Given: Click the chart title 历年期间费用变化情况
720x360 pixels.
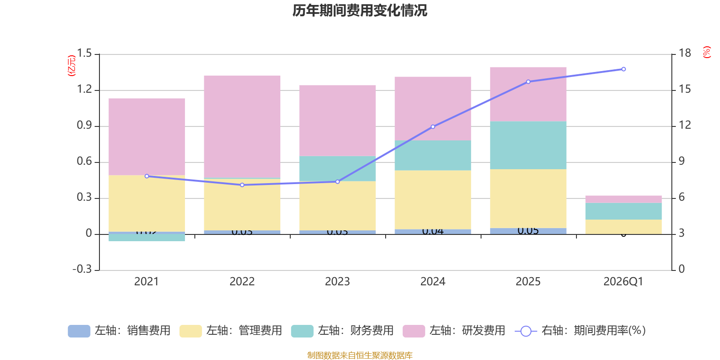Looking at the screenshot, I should (x=360, y=10).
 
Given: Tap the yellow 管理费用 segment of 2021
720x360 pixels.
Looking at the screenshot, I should (x=147, y=203).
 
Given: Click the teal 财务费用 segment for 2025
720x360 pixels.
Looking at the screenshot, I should (x=528, y=145).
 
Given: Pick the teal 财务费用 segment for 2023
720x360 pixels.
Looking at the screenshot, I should (x=337, y=168).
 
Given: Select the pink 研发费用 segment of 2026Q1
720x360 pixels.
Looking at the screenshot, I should (x=623, y=199).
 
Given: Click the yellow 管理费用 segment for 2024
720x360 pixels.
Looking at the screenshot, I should (x=433, y=200).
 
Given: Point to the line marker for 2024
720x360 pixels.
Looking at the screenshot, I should (x=433, y=127).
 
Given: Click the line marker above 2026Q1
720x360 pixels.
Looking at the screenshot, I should (x=623, y=69).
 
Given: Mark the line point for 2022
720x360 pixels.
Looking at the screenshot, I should (x=242, y=185).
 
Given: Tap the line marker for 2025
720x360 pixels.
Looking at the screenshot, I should (x=528, y=82).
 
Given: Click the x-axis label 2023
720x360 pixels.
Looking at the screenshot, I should (x=337, y=282).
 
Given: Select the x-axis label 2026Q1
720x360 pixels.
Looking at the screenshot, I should (x=623, y=282).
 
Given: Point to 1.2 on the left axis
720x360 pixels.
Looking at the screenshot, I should (x=84, y=90).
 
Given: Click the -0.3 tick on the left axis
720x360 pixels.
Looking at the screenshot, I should (x=82, y=269).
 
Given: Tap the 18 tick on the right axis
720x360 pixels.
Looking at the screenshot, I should (x=685, y=54).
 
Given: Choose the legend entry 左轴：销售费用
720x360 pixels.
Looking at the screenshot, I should (x=120, y=331).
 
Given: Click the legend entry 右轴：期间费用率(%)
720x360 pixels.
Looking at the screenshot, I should (x=580, y=331).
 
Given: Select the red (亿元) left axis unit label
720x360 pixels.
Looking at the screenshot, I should (x=71, y=66).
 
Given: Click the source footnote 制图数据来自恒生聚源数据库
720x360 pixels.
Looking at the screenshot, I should (x=360, y=355).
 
